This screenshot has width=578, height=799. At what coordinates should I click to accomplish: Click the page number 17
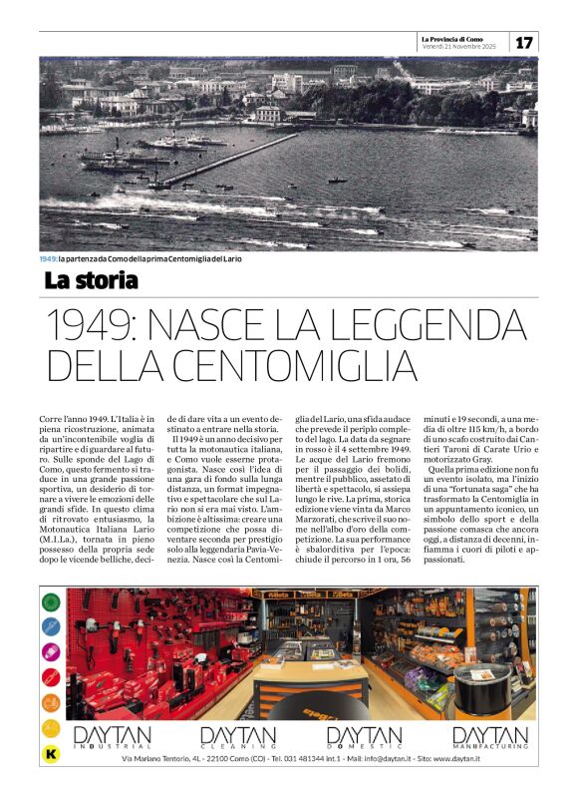[x=524, y=42]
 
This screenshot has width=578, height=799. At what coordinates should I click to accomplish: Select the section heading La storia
[x=91, y=280]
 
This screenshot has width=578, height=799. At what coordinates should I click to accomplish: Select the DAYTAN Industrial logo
[x=112, y=736]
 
